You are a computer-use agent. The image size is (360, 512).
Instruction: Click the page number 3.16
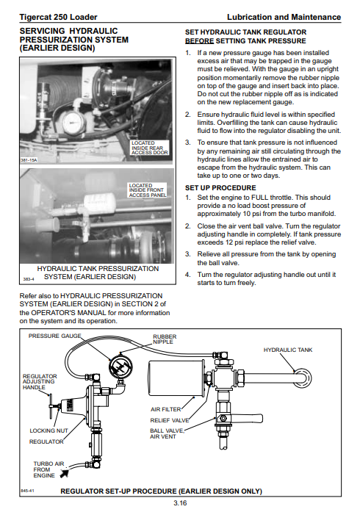click(x=180, y=503)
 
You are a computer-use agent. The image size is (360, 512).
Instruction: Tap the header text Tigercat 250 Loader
click(x=58, y=17)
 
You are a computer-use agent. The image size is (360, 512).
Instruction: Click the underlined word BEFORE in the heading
click(x=199, y=41)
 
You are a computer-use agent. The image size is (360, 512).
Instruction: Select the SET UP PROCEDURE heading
click(x=220, y=188)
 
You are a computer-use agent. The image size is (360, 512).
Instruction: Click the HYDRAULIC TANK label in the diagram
click(x=288, y=350)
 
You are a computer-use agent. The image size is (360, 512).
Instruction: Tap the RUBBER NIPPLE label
click(x=165, y=339)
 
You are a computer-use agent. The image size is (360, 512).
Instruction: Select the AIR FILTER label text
click(x=165, y=409)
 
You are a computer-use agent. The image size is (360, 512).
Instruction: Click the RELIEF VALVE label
click(x=170, y=420)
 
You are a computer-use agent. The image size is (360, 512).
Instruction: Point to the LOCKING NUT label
click(x=48, y=430)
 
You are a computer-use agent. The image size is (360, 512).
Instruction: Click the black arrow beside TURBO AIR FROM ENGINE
click(x=65, y=472)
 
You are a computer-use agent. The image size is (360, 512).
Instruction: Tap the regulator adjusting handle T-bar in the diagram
click(x=51, y=405)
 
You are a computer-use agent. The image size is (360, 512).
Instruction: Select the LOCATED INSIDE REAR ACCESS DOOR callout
click(x=150, y=148)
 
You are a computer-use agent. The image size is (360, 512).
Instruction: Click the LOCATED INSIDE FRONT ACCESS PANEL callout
click(x=148, y=190)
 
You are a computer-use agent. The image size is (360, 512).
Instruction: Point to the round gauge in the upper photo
click(x=73, y=123)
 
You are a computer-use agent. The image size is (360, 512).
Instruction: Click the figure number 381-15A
click(x=29, y=160)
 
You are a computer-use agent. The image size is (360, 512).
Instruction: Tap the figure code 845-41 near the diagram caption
click(x=27, y=491)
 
